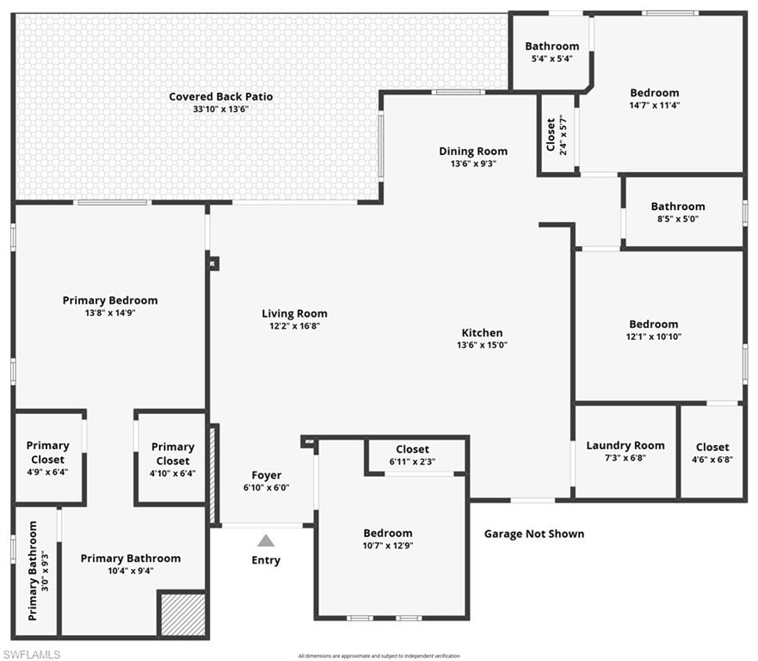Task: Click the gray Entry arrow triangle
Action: coord(266,541)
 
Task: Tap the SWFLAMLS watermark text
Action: coord(31,654)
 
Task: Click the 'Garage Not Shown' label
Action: coord(533,534)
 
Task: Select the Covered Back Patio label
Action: coord(220,96)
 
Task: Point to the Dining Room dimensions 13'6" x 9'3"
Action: coord(473,164)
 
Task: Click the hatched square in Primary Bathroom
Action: coord(182,615)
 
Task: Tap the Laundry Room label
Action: coord(626,445)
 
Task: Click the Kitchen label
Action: coord(482,333)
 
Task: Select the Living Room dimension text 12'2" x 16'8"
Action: coord(294,326)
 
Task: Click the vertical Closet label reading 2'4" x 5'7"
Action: coord(557,134)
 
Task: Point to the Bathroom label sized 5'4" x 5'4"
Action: coord(552,46)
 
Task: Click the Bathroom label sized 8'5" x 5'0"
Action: coord(677,207)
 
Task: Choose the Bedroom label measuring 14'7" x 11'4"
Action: coord(654,93)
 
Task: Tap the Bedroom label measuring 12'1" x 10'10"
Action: coord(653,324)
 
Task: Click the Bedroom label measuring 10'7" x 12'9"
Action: coord(387,533)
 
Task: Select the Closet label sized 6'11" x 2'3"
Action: coord(412,449)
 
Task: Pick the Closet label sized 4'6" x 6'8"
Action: coord(712,447)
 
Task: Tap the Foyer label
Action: coord(266,475)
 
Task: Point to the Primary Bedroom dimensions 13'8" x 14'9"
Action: coord(110,313)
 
